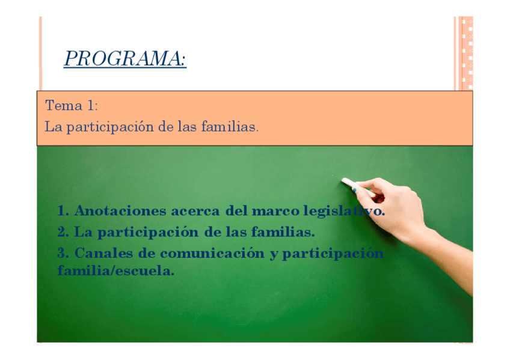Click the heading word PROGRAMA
[125, 58]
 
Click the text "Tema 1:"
[72, 105]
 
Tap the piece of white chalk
[358, 188]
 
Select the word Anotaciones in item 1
[120, 211]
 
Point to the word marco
[275, 211]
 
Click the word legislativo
[344, 212]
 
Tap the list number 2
[63, 232]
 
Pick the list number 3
[63, 253]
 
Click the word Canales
[104, 253]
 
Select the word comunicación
[212, 254]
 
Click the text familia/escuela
[116, 270]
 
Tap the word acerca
[195, 211]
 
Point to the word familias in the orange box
[230, 126]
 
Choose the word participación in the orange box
[110, 127]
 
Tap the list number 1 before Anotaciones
[63, 211]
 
